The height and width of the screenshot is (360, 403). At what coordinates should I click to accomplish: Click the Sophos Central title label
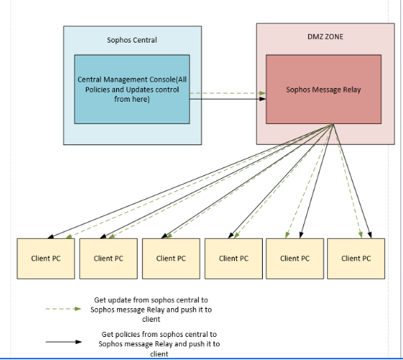coord(132,40)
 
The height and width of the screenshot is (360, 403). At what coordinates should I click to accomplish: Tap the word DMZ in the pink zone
coord(314,37)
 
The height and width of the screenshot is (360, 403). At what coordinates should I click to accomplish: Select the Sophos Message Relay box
coord(324,89)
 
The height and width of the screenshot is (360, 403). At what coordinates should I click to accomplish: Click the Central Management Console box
coord(132,89)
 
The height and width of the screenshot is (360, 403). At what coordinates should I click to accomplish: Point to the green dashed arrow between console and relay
coord(227,93)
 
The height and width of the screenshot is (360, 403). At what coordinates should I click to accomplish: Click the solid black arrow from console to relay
coord(227,99)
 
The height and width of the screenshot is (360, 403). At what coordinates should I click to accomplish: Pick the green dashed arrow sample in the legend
coord(64,309)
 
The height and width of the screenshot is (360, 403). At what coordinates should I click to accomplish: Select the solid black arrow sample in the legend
coord(64,342)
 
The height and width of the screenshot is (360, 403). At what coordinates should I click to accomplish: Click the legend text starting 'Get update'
coord(151,309)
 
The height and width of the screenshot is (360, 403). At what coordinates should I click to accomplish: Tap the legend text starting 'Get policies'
coord(159,344)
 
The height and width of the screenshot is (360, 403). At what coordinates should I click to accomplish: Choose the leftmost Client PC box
coord(45,258)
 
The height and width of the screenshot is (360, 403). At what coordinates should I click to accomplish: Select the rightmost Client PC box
coord(356,258)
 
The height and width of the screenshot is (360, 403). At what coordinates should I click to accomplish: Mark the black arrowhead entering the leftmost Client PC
coord(51,237)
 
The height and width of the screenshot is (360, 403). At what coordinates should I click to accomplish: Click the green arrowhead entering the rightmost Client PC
coord(360,234)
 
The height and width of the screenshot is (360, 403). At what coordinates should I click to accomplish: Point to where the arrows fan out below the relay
coord(333,124)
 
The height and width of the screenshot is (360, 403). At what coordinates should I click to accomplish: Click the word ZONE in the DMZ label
coord(333,37)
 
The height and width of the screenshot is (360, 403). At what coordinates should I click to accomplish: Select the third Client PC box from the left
coord(171,258)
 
